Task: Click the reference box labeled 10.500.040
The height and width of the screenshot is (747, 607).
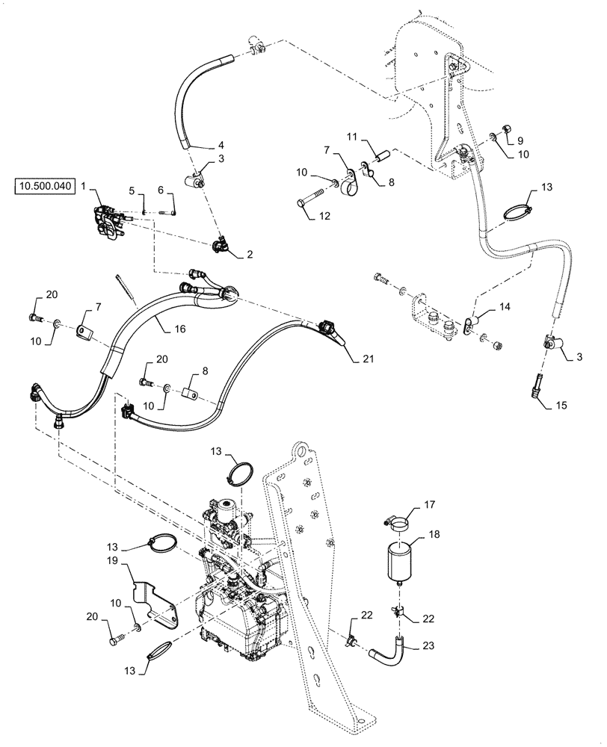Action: click(44, 187)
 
